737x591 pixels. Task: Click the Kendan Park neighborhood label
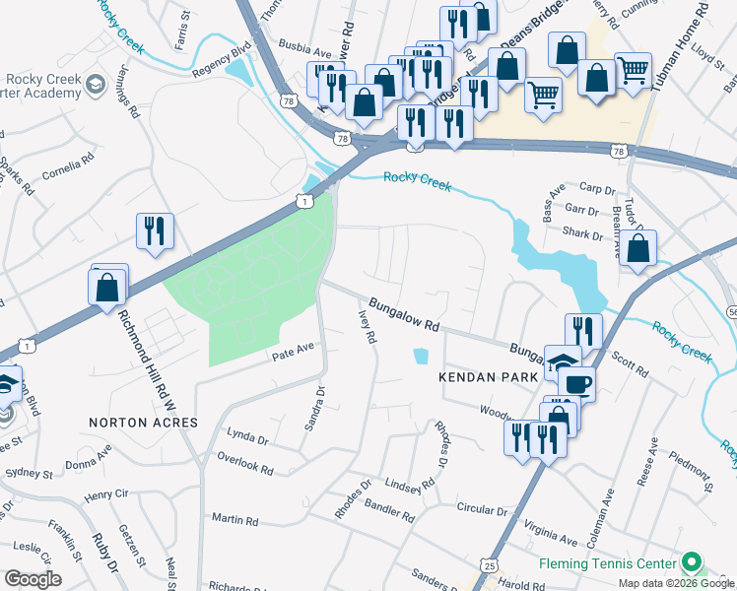coord(489,377)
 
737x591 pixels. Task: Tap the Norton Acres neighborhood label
coord(143,422)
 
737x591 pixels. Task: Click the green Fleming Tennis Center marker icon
coord(692,564)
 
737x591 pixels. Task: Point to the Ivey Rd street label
coord(367,324)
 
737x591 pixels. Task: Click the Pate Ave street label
coord(293,349)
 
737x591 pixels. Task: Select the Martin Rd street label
coord(234,518)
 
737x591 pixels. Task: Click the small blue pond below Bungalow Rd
coord(422,356)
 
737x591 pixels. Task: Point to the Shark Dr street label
coord(583,234)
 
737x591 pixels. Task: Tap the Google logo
coord(33,579)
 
